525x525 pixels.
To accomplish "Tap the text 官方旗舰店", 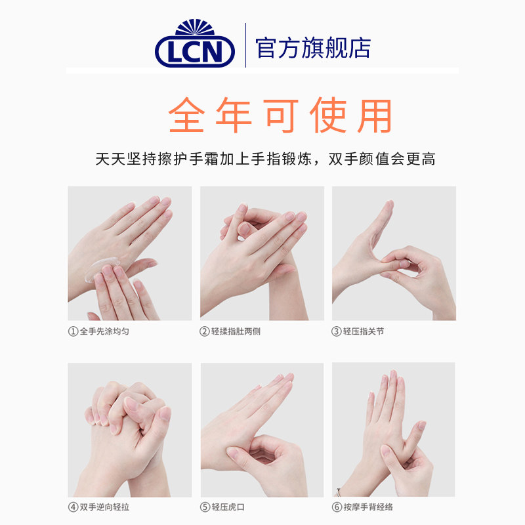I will point(313,48).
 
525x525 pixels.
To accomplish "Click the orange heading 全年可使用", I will point(280,116).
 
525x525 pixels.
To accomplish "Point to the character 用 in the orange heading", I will point(375,116).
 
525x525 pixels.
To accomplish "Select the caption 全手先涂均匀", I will point(104,331).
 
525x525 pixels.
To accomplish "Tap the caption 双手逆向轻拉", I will point(104,507).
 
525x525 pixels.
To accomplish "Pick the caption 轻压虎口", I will point(231,507).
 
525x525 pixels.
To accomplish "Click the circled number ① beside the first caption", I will point(73,331).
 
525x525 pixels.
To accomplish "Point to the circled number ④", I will point(73,507).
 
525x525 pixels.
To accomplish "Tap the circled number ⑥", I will point(337,507).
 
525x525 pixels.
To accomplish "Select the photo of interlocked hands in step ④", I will point(129,430).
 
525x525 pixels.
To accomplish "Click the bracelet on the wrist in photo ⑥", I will point(339,490).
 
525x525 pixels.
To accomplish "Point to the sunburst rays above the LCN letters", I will point(195,28).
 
